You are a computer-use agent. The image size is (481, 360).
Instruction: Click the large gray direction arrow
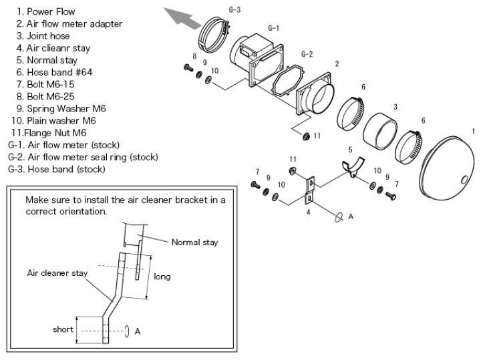tap(182, 15)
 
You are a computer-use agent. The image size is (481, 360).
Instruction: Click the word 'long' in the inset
tap(162, 275)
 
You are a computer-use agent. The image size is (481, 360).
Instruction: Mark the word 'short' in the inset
tap(63, 329)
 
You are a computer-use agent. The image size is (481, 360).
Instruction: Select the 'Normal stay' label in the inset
tap(195, 242)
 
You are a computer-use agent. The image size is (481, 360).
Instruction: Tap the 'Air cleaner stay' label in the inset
tap(57, 273)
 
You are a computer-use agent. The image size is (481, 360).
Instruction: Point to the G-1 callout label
tap(273, 28)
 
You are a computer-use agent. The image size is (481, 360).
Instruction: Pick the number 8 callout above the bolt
tap(194, 55)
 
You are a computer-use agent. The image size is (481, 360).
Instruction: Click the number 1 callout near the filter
tap(473, 131)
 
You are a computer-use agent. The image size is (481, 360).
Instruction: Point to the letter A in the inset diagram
tap(138, 331)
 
